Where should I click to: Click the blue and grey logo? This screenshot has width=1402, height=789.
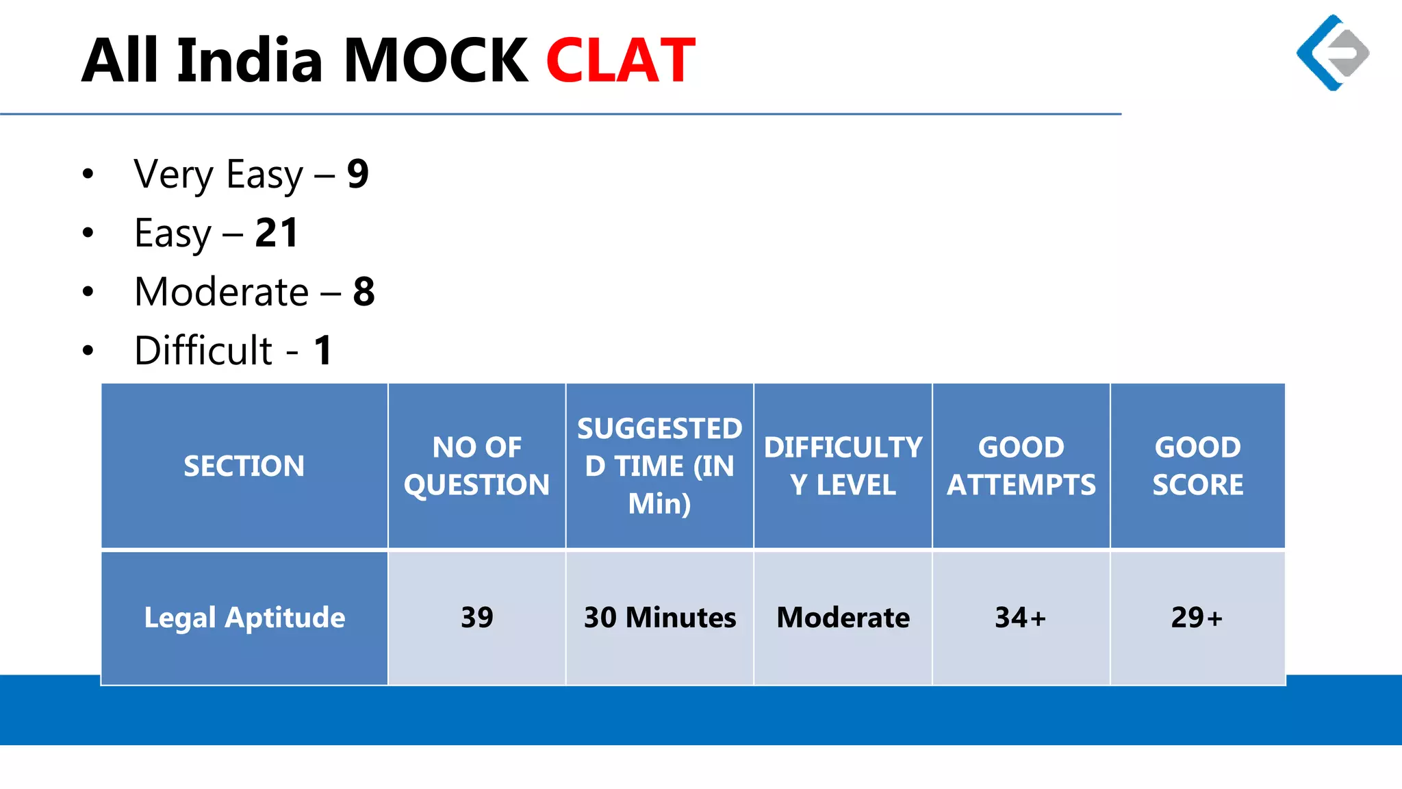coord(1332,53)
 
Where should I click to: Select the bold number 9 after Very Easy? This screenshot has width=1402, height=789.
coord(357,174)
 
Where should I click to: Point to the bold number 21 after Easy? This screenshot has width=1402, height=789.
coord(277,233)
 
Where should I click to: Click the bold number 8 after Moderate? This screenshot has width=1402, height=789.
coord(364,292)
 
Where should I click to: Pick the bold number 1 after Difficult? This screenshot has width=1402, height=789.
coord(323,351)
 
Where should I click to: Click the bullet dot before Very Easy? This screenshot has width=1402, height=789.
coord(88,174)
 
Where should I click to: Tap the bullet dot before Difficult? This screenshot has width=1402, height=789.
coord(88,351)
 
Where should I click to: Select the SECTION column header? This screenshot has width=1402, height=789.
coord(244,466)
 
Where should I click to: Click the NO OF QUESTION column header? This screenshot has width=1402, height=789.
coord(476,466)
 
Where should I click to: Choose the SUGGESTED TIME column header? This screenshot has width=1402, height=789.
coord(659,466)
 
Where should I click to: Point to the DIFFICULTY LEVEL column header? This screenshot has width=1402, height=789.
coord(843,466)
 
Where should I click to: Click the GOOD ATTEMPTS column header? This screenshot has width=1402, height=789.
coord(1021,466)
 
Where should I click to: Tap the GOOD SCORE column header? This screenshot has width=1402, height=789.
coord(1197,466)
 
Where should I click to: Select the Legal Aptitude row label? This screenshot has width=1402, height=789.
coord(244,618)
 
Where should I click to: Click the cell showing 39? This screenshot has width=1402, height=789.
coord(476,618)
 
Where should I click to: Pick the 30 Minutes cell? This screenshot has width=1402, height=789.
coord(659,618)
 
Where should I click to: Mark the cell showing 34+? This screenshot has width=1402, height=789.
coord(1020,618)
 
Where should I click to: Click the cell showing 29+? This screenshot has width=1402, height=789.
coord(1197,618)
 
